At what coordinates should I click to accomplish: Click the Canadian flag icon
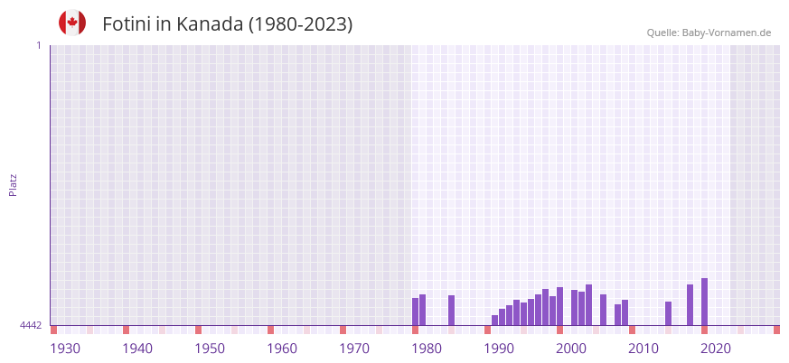coord(72,23)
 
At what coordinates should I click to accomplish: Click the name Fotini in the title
coord(127,24)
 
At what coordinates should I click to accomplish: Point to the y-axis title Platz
coord(13,184)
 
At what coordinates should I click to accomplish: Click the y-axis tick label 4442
coord(31,325)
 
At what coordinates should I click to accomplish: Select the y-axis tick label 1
coord(38,45)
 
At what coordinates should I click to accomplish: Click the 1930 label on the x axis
coord(65,349)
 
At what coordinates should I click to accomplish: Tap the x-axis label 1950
coord(210,349)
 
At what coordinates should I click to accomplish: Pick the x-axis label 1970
coord(354,349)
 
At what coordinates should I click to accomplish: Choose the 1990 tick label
coord(499,349)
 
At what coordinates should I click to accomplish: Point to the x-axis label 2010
coord(643,349)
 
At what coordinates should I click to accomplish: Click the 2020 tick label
coord(716,349)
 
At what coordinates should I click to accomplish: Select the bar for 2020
coord(704,302)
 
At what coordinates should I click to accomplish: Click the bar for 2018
coord(690,305)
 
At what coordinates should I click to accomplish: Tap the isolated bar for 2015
coord(668,313)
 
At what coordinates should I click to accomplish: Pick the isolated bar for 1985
coord(451,310)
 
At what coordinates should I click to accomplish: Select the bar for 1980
coord(415,312)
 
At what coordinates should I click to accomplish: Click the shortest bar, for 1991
coord(494,320)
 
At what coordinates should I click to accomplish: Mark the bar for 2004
coord(588,305)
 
